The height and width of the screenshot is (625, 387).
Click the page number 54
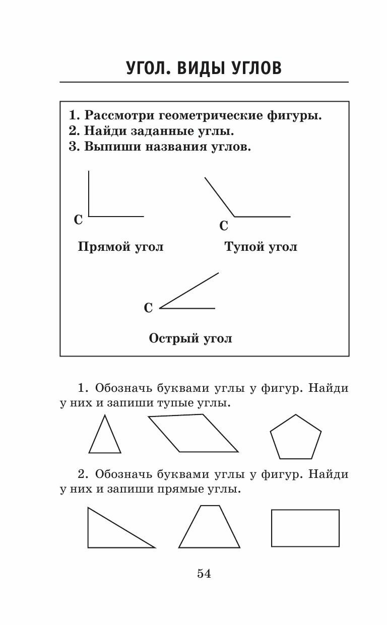(204, 573)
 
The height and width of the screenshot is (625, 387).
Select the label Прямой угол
(121, 247)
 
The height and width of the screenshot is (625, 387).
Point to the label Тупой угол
(261, 247)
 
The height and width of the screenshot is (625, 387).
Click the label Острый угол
(190, 338)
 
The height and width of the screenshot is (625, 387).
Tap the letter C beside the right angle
(78, 220)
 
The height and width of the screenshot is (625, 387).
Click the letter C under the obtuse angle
(224, 226)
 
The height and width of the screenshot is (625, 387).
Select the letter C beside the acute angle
(148, 308)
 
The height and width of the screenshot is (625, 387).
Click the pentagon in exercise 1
(296, 438)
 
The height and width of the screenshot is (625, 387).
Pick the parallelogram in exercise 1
(193, 433)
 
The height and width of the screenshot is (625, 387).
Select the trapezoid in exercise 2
(208, 529)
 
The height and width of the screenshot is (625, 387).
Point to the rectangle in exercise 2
(305, 528)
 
